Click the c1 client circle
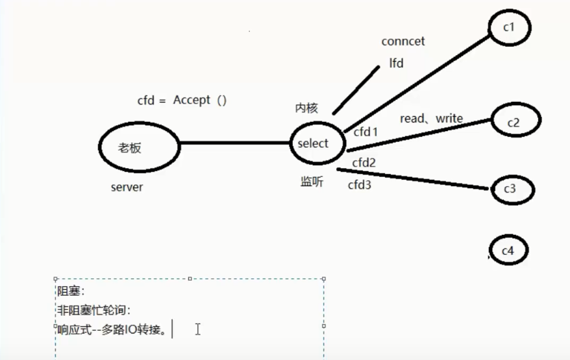509,28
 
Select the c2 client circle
514,122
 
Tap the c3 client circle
510,189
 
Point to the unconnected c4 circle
508,250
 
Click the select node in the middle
313,143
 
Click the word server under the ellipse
127,187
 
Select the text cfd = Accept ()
182,101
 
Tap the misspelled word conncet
403,42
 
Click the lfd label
396,64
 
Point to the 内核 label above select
306,108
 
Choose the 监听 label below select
311,182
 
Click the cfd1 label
366,132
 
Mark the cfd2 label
364,162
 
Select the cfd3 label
360,185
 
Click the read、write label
431,119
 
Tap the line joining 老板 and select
234,143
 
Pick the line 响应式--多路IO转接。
112,330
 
